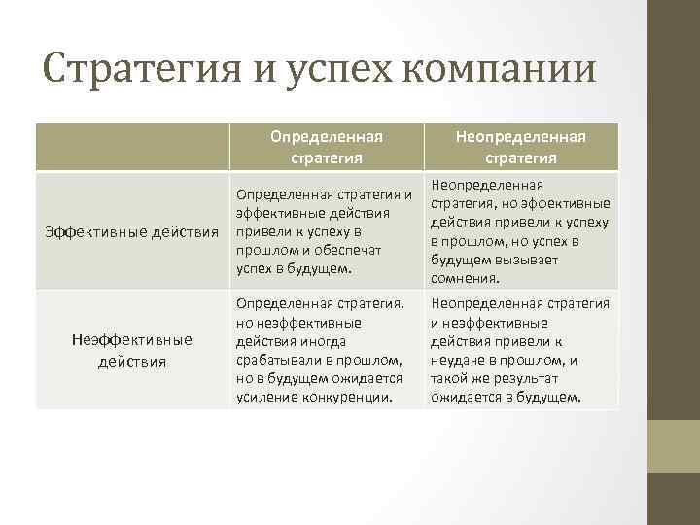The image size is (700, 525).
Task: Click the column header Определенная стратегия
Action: point(326,147)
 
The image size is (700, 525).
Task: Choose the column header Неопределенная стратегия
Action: point(520,147)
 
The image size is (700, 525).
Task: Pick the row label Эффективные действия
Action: point(132,231)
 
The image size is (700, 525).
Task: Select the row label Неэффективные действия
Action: point(132,350)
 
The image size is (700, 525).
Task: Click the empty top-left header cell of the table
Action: point(132,147)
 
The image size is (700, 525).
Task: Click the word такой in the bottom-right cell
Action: point(450,378)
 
